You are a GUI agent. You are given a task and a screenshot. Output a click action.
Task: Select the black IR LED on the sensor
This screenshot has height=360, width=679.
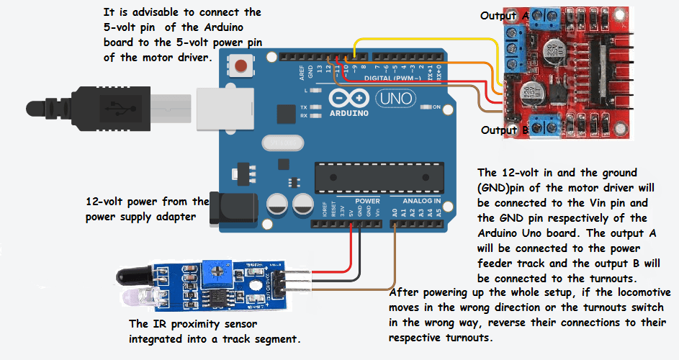[137, 274]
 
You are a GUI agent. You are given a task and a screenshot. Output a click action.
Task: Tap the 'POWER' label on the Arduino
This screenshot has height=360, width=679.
[367, 201]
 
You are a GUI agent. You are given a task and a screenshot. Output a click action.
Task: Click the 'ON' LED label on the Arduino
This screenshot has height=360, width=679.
[436, 107]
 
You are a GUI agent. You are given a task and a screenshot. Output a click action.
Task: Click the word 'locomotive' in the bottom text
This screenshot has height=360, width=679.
[639, 293]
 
